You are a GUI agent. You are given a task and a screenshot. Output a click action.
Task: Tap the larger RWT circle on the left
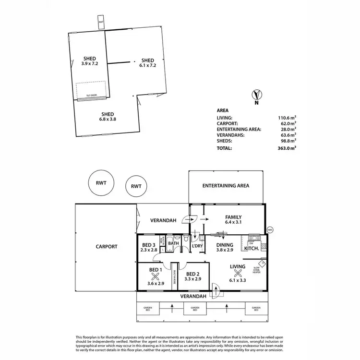coord(101,183)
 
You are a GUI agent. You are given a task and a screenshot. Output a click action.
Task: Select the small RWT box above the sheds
coord(101,23)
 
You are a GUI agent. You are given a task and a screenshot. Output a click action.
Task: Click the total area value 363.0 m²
coord(287,148)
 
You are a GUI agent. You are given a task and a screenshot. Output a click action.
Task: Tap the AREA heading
coord(223,110)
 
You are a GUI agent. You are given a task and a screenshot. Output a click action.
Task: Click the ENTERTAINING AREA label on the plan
coord(226,185)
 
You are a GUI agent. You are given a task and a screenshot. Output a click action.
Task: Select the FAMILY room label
coord(233,219)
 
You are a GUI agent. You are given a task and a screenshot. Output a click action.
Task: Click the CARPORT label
coord(106,246)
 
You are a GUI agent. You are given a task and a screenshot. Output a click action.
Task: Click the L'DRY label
coord(198,246)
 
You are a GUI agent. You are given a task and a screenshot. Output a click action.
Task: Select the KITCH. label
coord(252,249)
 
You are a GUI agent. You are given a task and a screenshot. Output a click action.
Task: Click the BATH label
coord(173,243)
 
